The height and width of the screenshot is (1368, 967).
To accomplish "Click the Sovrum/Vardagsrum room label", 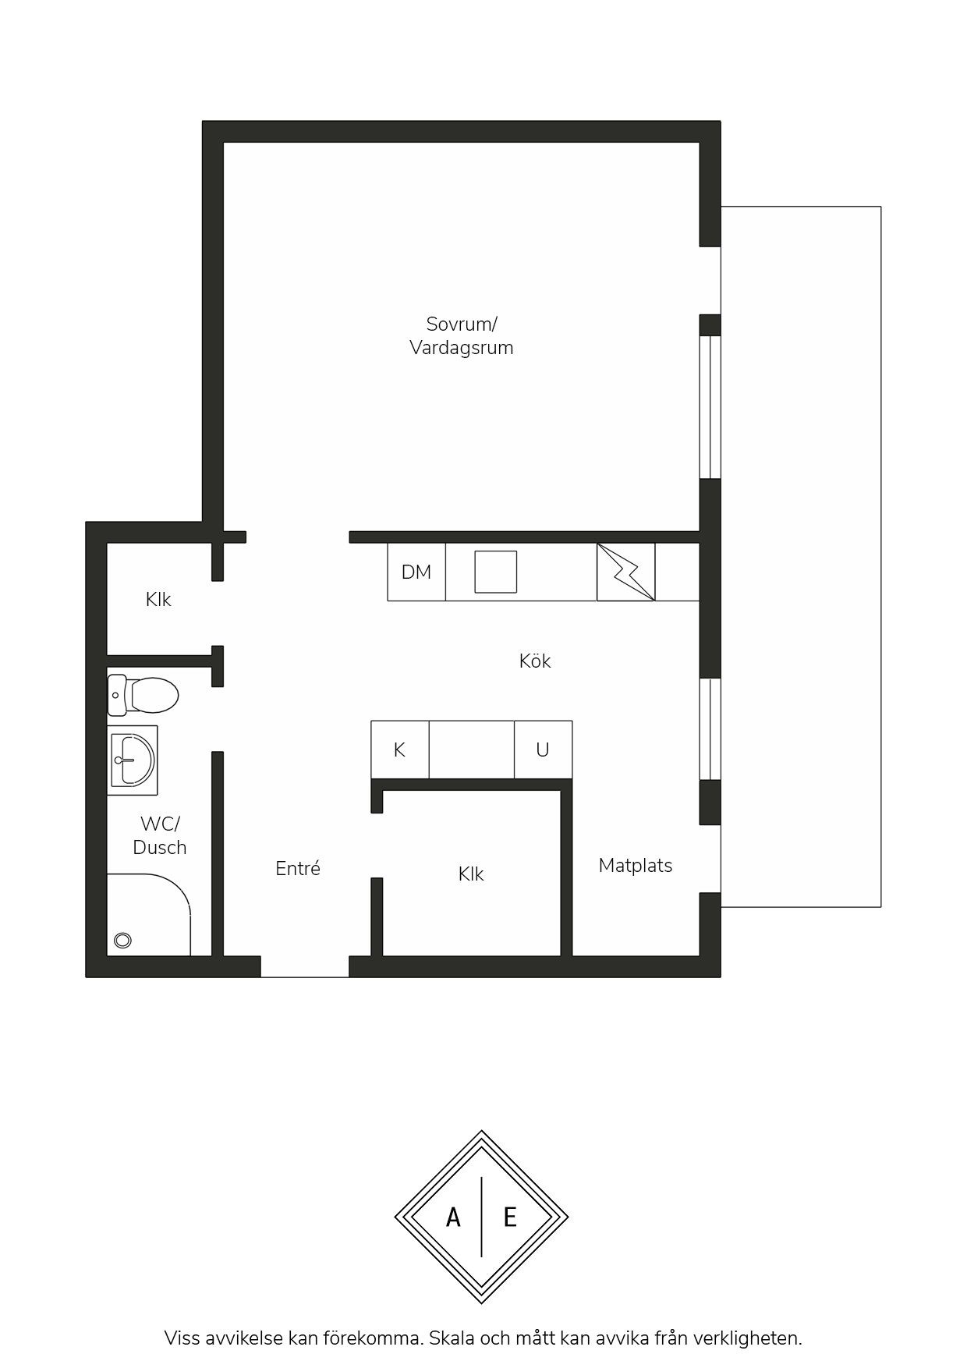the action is click(x=461, y=335).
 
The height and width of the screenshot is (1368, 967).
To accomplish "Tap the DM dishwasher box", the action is click(x=416, y=572).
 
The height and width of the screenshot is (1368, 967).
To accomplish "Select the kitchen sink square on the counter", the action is click(x=496, y=572).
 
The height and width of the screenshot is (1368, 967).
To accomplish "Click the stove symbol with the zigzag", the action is click(x=625, y=572).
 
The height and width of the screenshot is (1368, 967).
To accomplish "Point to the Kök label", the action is click(x=535, y=661).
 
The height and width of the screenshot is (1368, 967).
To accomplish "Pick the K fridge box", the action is click(x=399, y=750).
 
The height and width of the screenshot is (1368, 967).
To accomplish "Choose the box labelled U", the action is click(x=543, y=750).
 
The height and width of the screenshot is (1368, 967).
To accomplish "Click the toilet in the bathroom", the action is click(x=143, y=695).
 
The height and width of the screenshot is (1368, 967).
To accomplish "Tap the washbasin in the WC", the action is click(x=133, y=760).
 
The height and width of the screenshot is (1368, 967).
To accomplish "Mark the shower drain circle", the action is click(x=122, y=941).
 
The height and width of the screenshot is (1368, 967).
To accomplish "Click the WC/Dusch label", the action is click(x=160, y=835).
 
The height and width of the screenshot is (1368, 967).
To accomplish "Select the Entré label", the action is click(x=298, y=868).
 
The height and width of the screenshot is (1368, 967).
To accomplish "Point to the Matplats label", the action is click(x=636, y=865).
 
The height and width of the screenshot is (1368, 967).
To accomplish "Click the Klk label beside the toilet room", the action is click(x=158, y=599).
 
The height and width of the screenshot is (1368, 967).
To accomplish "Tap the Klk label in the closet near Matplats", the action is click(x=471, y=874).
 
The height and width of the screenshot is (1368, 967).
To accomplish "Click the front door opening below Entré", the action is click(x=304, y=966).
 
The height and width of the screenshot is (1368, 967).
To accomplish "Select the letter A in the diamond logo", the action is click(x=453, y=1217).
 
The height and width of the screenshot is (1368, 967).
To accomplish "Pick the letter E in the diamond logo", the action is click(x=510, y=1217).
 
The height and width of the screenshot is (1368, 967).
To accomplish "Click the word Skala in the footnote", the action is click(x=452, y=1338).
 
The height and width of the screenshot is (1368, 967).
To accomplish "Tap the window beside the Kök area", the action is click(x=710, y=729).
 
